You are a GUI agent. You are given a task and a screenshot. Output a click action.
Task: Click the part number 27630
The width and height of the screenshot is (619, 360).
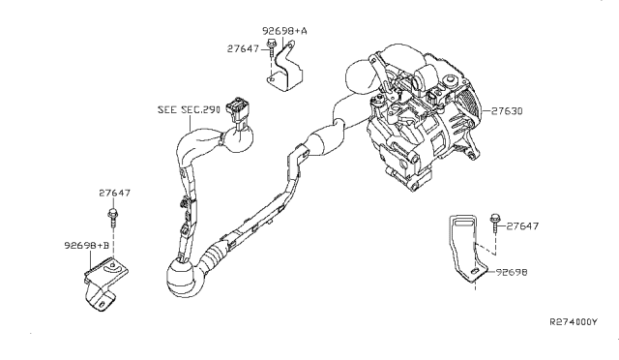507,111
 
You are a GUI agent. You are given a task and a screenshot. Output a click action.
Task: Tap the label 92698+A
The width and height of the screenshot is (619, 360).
284,31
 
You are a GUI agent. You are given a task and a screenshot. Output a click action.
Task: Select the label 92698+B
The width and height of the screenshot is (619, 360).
86,246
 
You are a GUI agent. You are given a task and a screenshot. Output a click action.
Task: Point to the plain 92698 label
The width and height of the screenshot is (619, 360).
512,272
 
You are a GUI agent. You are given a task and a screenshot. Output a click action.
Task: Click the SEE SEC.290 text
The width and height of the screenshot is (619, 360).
189,110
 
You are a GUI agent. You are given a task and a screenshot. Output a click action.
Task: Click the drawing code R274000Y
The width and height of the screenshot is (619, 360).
574,321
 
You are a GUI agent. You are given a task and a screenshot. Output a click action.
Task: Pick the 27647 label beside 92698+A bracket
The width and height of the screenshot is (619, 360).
243,48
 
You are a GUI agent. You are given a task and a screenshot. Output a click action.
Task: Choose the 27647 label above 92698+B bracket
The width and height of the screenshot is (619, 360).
114,193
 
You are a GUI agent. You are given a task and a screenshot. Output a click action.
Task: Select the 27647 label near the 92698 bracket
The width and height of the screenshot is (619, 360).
522,226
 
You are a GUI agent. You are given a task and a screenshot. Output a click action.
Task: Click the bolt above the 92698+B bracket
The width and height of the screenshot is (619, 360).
112,218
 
